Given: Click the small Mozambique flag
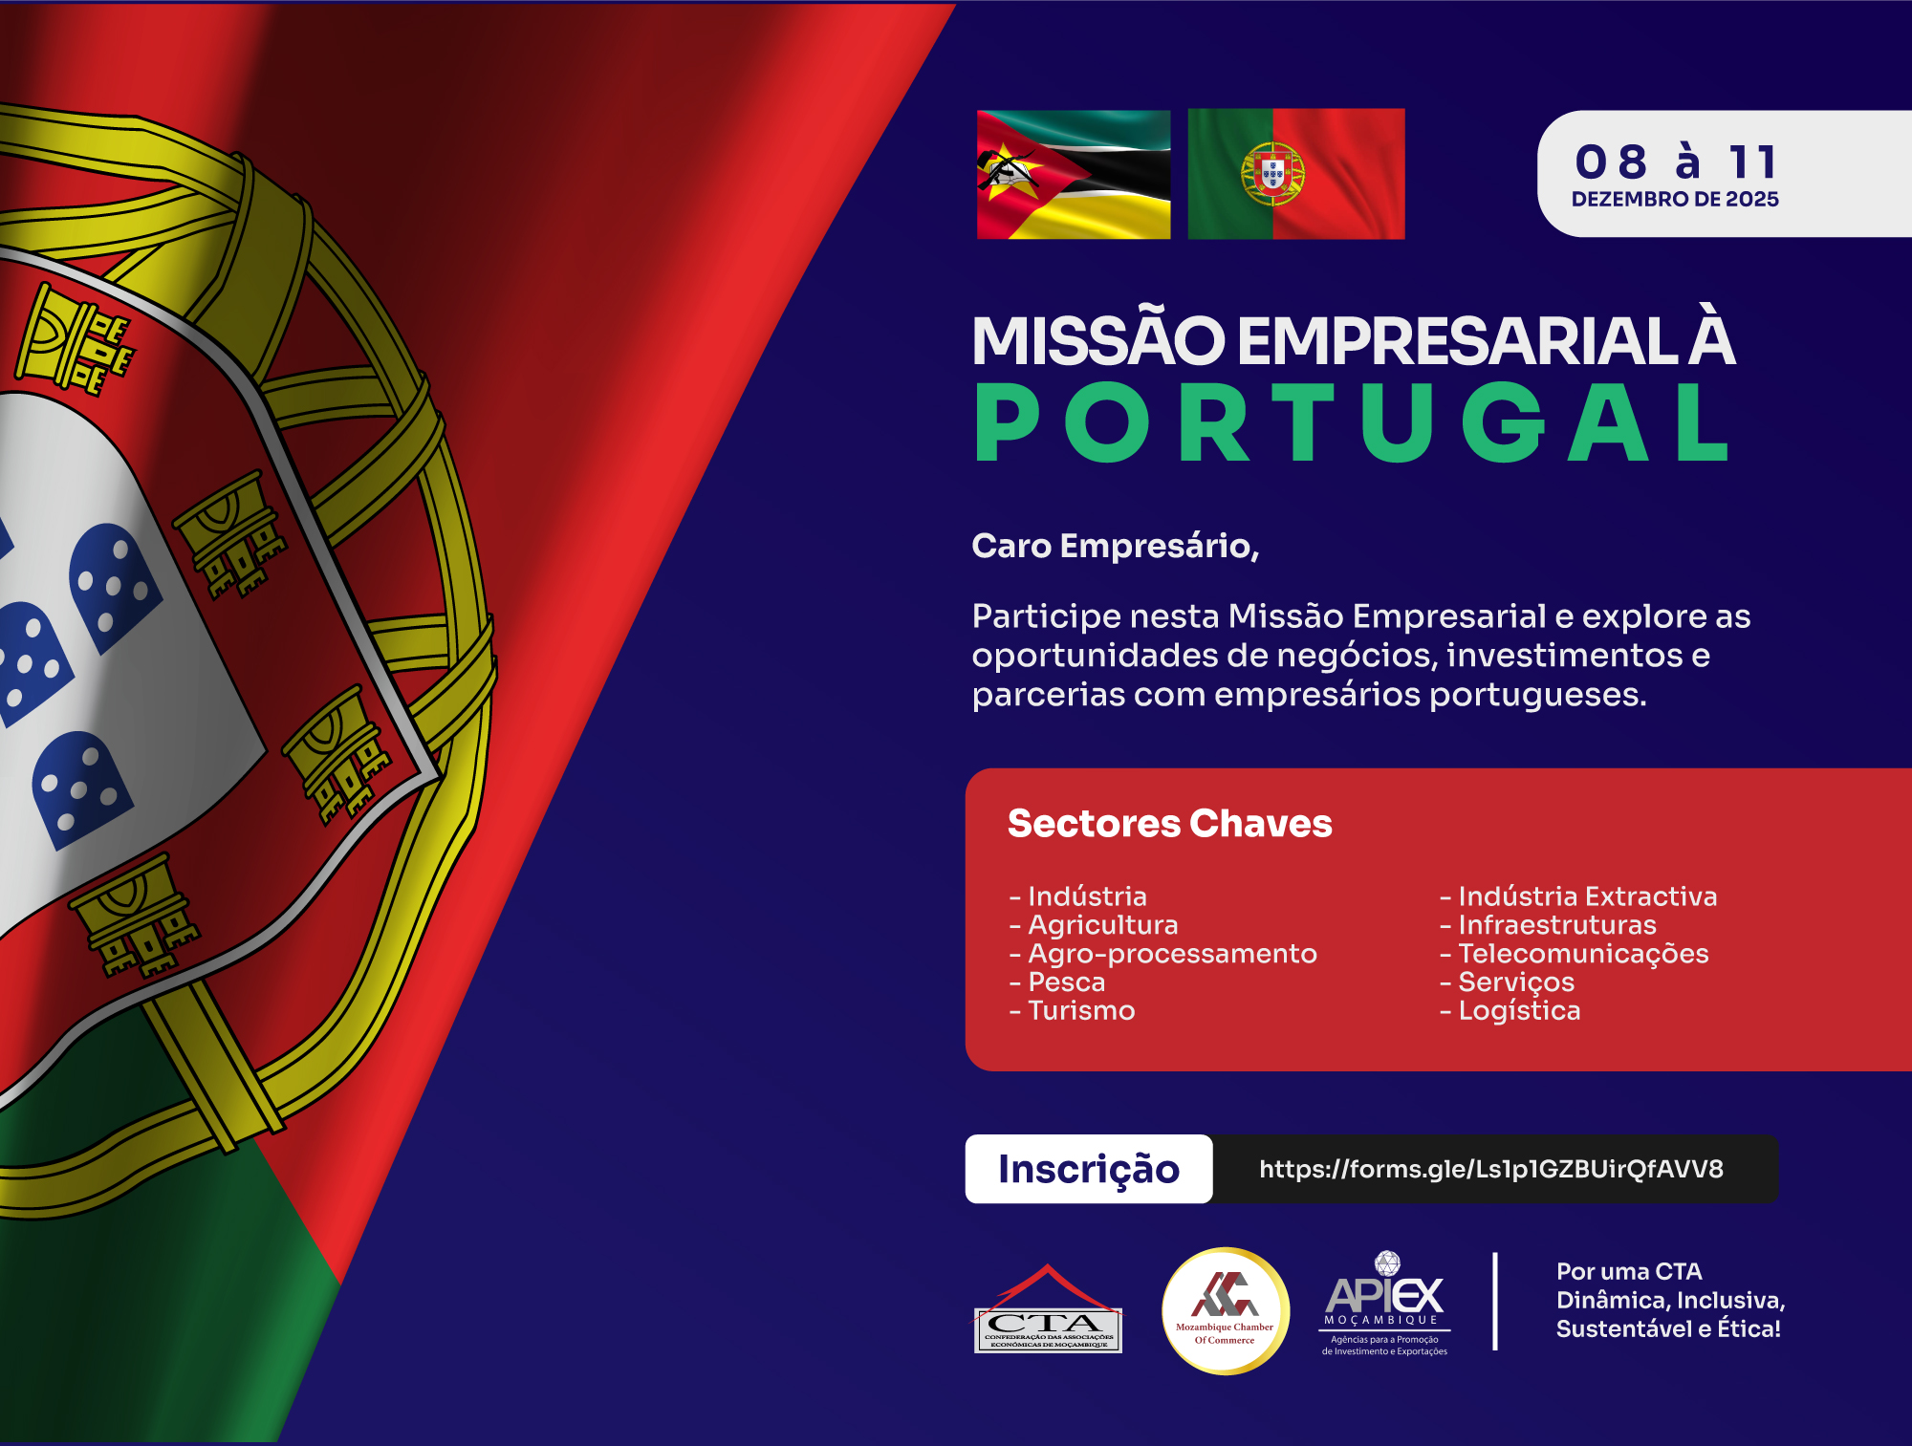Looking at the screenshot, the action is (1074, 174).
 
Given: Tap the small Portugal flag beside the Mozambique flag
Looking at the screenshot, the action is (1296, 174).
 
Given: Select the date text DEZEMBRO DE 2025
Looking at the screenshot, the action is (1675, 199).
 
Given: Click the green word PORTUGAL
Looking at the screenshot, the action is (1352, 421).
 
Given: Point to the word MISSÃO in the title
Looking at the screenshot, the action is (1098, 341).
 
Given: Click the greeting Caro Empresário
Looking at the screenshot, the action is (1115, 546).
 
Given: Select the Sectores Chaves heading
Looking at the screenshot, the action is (1169, 823).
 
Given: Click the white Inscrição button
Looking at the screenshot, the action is (1089, 1169).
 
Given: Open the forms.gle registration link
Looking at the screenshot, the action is (1491, 1169).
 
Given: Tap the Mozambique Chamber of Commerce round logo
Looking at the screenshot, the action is (1226, 1311).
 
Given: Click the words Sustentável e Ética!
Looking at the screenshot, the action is (1668, 1328).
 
